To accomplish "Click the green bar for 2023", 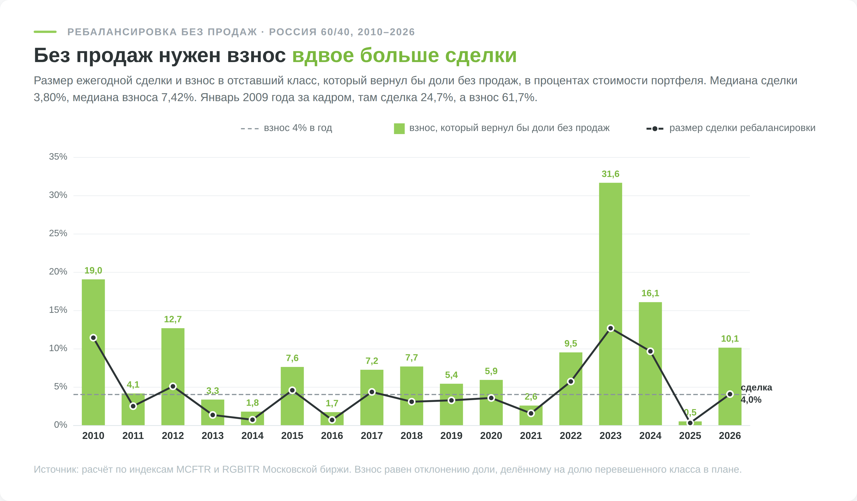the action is pos(610,304).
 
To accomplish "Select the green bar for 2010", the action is pos(93,352).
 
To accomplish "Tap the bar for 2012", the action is pos(173,376).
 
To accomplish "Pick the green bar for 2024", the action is pos(650,364).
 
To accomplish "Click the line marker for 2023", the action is pos(610,328).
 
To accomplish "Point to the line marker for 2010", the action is pos(93,338).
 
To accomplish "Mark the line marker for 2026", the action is pos(730,394).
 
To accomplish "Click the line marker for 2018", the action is pos(411,402).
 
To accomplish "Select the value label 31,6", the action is pos(610,174).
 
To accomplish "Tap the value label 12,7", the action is pos(173,319).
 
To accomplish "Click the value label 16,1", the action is pos(650,293).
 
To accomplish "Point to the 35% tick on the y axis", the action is pos(58,157).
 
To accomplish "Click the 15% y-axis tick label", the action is pos(58,310).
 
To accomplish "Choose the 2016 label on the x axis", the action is pos(332,436).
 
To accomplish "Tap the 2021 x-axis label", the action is pos(531,436).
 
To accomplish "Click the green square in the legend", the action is pos(399,129).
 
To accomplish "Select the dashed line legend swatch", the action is pos(250,129).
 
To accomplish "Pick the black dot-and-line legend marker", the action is pos(655,129).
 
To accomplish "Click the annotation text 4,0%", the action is pos(751,400).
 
